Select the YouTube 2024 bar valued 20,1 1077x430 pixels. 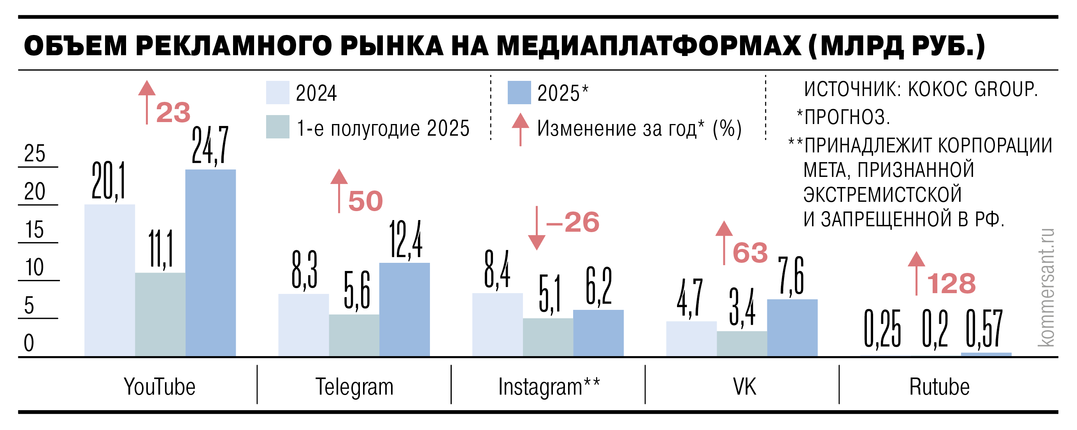[110, 280]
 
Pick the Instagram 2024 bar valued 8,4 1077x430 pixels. [497, 325]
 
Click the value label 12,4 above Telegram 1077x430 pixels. [405, 240]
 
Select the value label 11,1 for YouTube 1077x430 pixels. [161, 249]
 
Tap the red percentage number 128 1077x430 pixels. [951, 284]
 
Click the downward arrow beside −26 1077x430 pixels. [537, 228]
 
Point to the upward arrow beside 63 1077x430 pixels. [724, 242]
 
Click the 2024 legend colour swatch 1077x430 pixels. [277, 93]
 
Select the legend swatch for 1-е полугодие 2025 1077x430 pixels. [277, 127]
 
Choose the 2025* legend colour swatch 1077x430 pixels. [519, 93]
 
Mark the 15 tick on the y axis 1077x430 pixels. [34, 230]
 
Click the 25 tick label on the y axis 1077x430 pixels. [34, 154]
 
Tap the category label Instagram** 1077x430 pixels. [549, 386]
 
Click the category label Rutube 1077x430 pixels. [939, 386]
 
